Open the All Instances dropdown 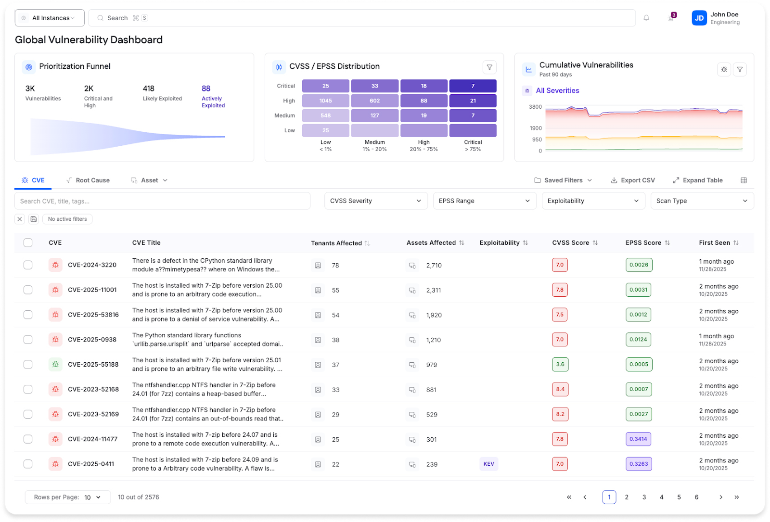click(50, 18)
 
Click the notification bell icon click(646, 18)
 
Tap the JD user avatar click(699, 18)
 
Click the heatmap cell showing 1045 click(325, 101)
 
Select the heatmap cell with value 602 click(374, 101)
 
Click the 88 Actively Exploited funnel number click(206, 89)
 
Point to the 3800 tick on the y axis click(535, 107)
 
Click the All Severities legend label click(557, 90)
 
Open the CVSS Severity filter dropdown click(376, 201)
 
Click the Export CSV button click(633, 180)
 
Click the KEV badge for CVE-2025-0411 click(488, 464)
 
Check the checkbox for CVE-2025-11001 click(28, 290)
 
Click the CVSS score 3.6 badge click(560, 364)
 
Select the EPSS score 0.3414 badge click(638, 439)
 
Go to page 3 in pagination click(644, 497)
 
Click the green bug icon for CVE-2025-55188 click(55, 364)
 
